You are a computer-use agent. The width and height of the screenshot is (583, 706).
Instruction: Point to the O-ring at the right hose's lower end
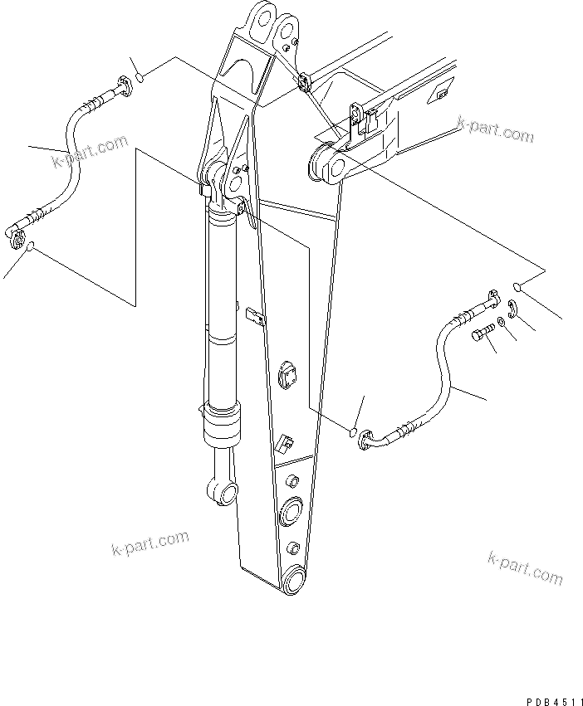(352, 431)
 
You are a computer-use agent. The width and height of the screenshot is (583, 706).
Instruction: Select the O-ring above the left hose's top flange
(141, 78)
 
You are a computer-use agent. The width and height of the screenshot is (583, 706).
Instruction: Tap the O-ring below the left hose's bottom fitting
(31, 247)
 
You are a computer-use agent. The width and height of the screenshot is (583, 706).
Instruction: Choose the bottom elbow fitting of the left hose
(16, 236)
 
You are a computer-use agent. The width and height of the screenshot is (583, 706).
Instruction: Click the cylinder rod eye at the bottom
(223, 495)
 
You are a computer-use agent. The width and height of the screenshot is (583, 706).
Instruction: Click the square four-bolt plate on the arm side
(289, 374)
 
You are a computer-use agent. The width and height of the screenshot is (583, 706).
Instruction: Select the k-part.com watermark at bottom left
(149, 546)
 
